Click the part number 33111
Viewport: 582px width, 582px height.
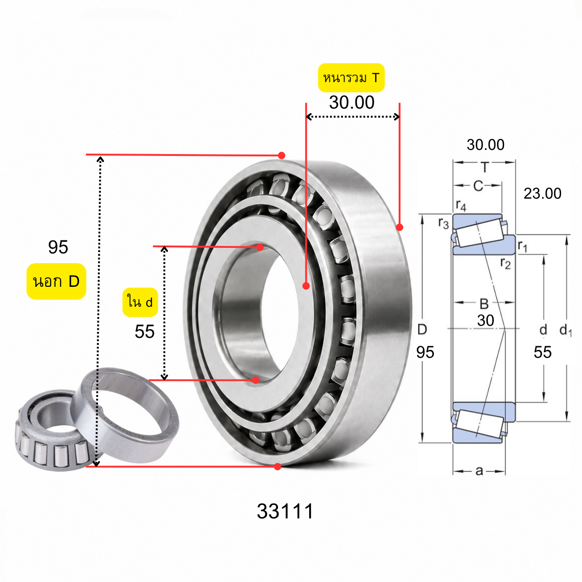(285, 511)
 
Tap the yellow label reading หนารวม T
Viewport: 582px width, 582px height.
(351, 78)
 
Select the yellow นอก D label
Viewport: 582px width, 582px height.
(57, 281)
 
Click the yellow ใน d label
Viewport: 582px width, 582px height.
(140, 302)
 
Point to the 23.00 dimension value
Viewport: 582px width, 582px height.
(542, 193)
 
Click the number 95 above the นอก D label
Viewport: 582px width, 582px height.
(58, 247)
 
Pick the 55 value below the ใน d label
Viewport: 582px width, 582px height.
(144, 332)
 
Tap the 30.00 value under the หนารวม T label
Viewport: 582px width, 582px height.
(351, 103)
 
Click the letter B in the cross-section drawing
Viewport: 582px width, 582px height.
(484, 304)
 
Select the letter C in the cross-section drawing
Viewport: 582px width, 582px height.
(478, 186)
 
